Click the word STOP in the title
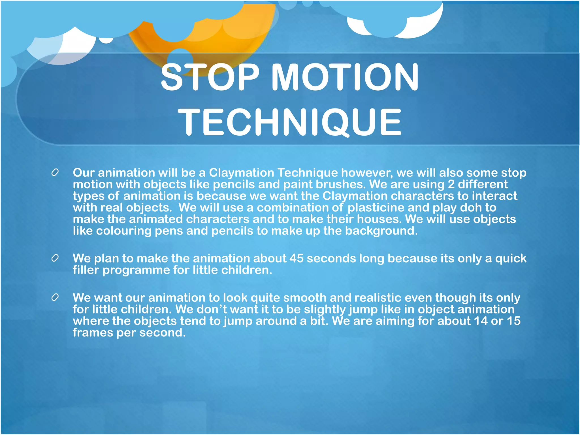click(x=210, y=77)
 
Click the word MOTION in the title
click(x=345, y=77)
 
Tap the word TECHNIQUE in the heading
click(x=289, y=122)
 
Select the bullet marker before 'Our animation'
click(x=55, y=172)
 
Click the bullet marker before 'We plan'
click(x=55, y=258)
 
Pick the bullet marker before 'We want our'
click(x=55, y=297)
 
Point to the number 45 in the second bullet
click(x=296, y=258)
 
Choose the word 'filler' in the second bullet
click(x=86, y=270)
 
